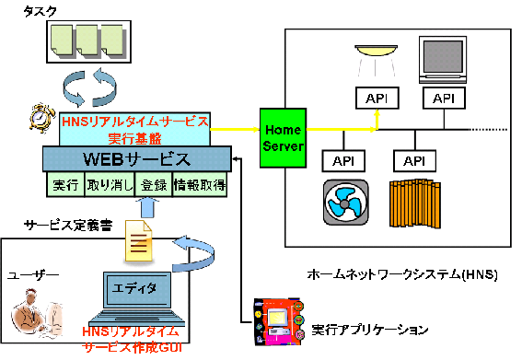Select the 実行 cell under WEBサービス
pyautogui.click(x=64, y=185)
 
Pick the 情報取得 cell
pyautogui.click(x=200, y=185)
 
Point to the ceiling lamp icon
pyautogui.click(x=376, y=52)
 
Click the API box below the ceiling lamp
pyautogui.click(x=376, y=98)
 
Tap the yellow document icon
pyautogui.click(x=138, y=244)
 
